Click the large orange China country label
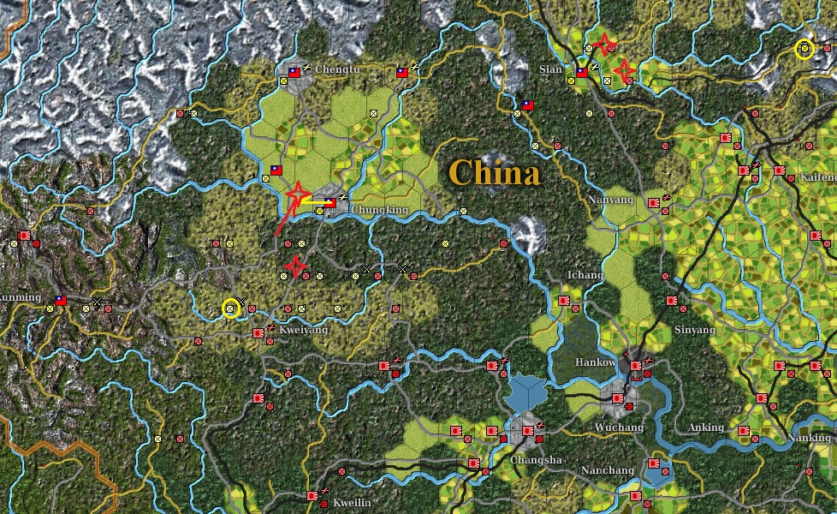[495, 174]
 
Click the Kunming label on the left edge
[19, 297]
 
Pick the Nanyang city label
[611, 200]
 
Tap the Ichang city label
[585, 275]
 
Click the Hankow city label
[595, 362]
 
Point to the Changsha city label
[536, 460]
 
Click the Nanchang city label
[608, 470]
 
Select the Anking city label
[706, 427]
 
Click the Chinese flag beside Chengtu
[294, 73]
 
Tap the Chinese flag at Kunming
[60, 301]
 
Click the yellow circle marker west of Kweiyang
[230, 308]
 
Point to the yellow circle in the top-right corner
[804, 50]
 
